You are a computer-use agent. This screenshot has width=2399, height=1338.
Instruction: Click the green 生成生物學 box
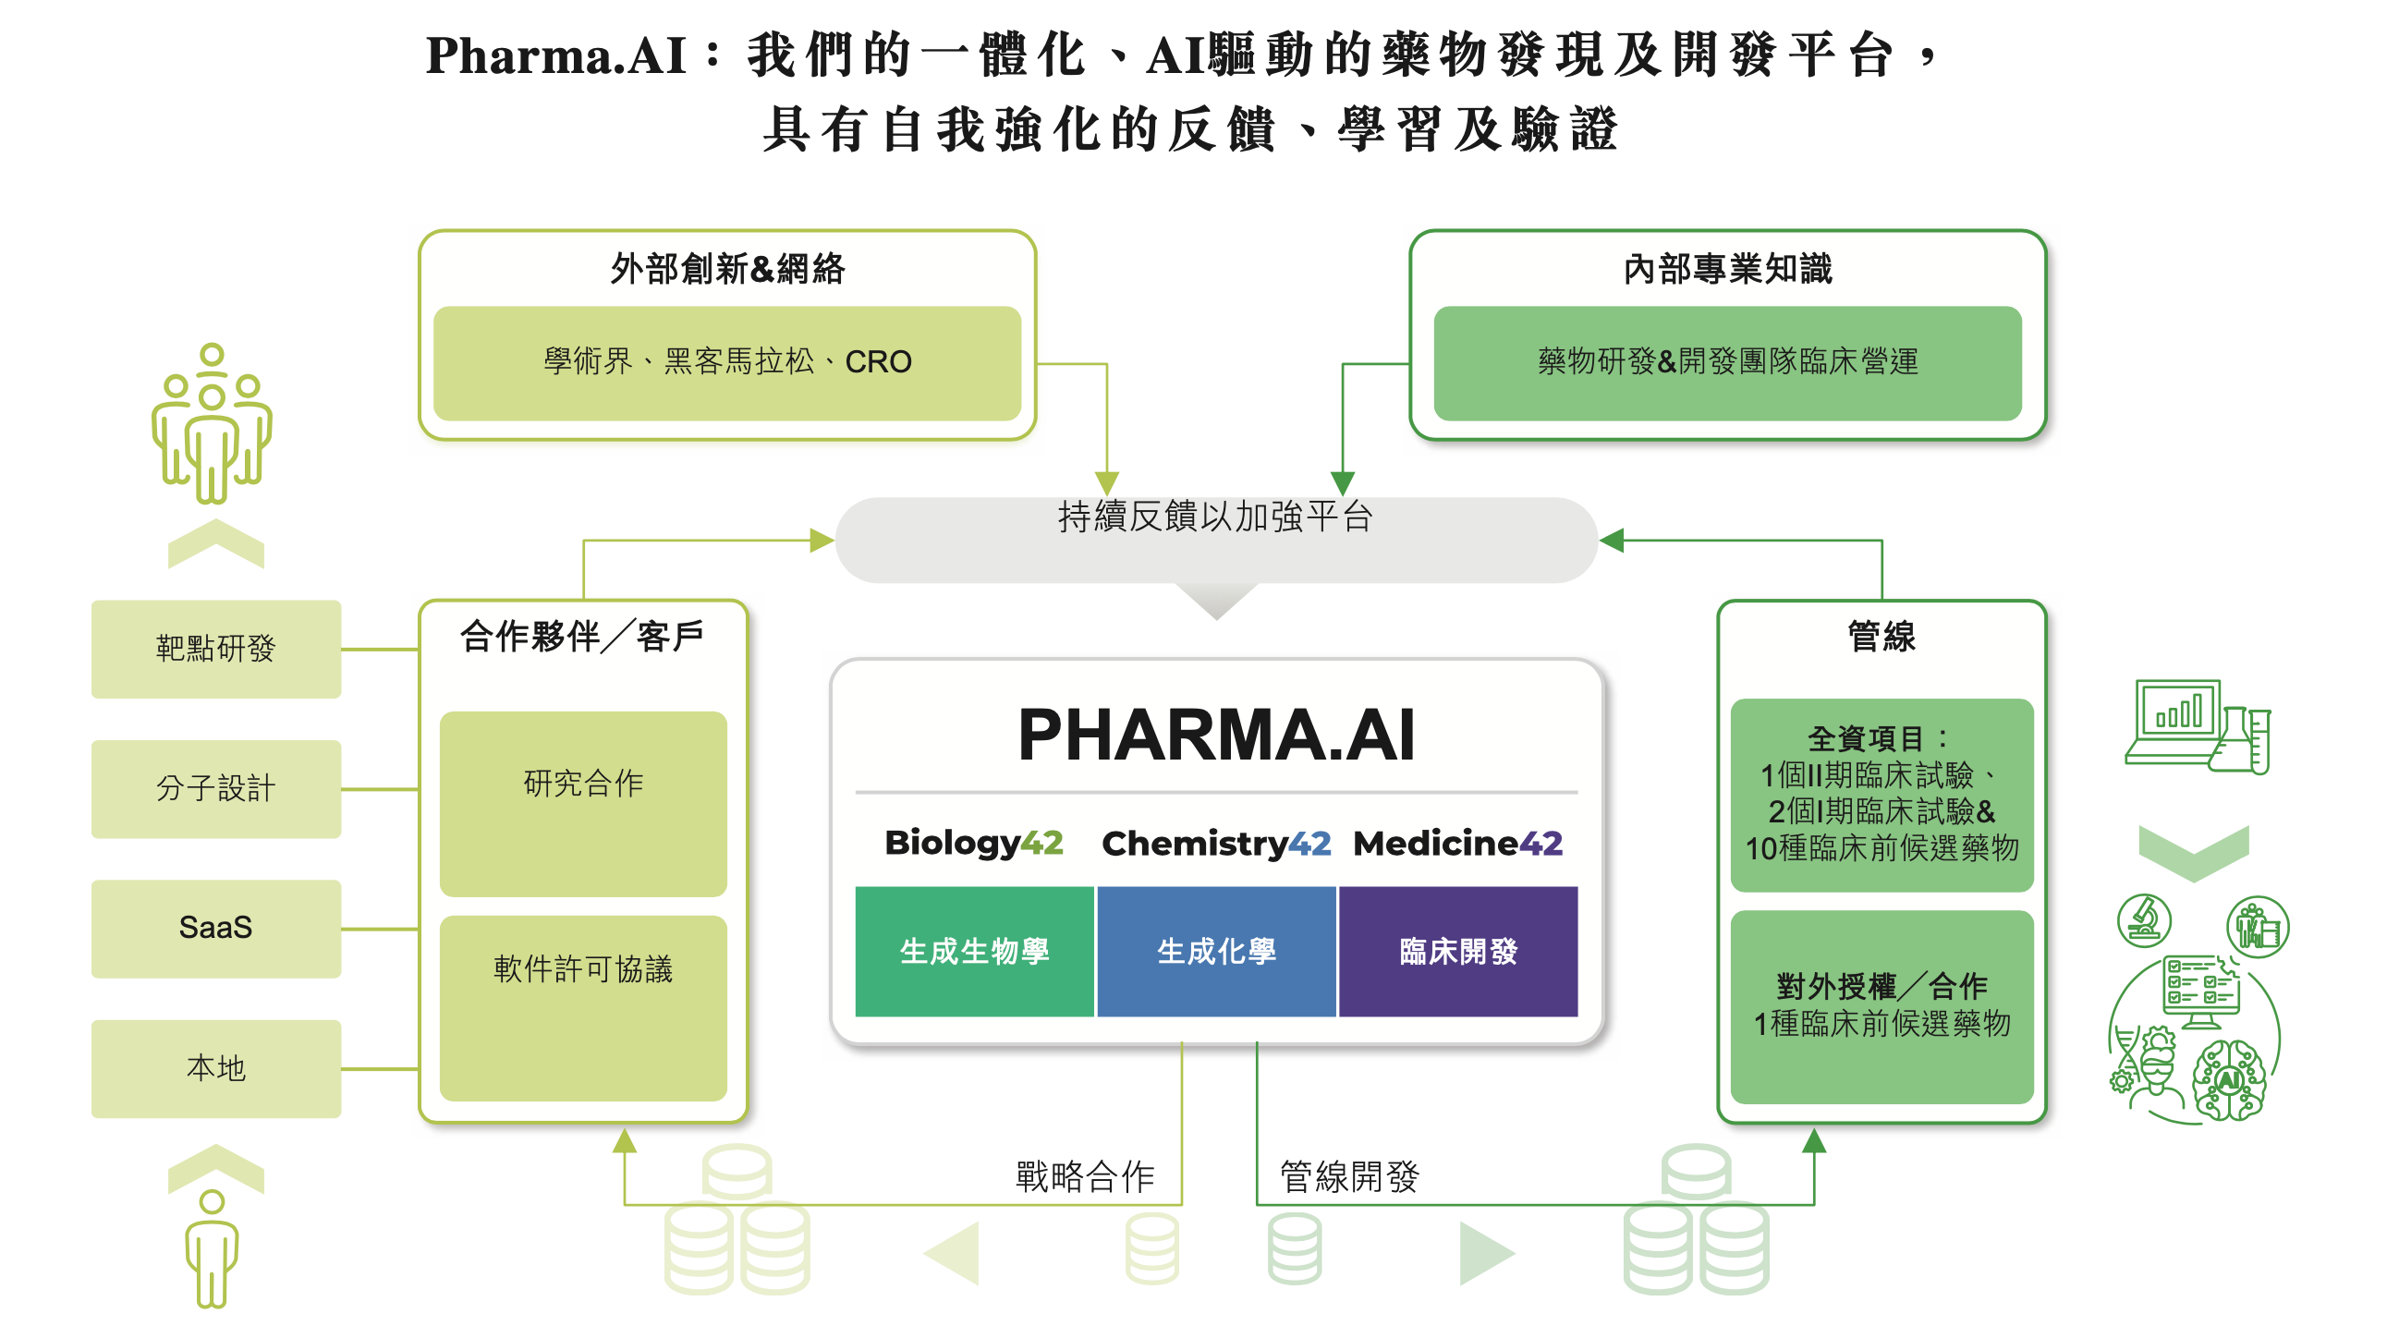click(974, 952)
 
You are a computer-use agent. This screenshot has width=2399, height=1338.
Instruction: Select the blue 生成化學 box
click(1216, 952)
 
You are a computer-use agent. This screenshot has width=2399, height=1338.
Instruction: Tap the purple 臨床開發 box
click(1458, 952)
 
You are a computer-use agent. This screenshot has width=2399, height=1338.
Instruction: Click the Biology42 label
click(973, 843)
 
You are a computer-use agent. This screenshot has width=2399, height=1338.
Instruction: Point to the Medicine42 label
click(1457, 844)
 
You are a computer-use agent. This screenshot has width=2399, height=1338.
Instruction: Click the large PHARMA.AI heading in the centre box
click(1216, 736)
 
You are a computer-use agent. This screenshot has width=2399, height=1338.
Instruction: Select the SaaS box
click(216, 929)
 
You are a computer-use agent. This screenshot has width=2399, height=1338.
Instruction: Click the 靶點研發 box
click(216, 649)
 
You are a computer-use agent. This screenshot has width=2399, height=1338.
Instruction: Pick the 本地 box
click(216, 1068)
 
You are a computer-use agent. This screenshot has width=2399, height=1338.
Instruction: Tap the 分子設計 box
click(216, 788)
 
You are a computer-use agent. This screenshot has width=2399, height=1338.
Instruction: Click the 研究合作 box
click(583, 804)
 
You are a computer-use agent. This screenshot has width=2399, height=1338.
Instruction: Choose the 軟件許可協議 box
click(583, 1007)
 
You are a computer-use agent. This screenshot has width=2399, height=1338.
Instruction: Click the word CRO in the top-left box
click(877, 362)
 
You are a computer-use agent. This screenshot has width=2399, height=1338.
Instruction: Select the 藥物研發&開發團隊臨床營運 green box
click(1727, 362)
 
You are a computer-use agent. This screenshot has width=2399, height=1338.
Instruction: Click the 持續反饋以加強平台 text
click(1215, 517)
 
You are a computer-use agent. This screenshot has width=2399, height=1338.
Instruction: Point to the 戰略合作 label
click(1085, 1177)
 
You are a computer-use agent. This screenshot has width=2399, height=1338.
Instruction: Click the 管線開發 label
click(1348, 1177)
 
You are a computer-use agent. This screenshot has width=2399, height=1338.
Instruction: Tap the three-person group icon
click(213, 423)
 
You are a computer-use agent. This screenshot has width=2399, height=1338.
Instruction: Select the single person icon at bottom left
click(213, 1247)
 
